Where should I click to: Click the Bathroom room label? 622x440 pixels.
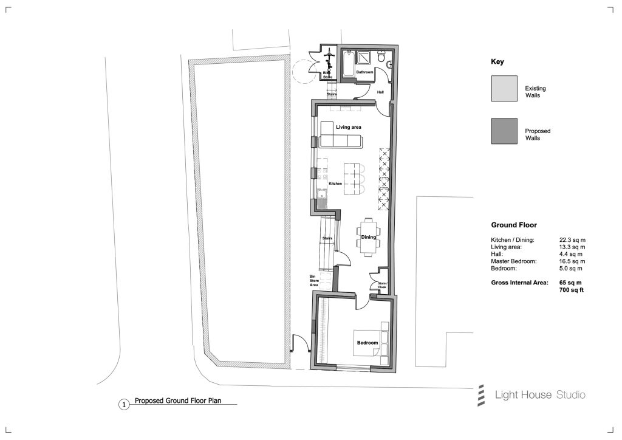[364, 72]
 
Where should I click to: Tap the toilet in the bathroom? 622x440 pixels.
[381, 57]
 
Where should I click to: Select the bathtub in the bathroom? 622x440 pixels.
[349, 63]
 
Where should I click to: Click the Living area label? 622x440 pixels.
[348, 127]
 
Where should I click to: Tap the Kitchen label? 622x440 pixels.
[335, 184]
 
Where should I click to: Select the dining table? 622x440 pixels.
[369, 237]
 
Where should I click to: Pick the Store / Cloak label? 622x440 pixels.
[382, 285]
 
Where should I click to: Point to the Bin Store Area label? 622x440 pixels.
[314, 281]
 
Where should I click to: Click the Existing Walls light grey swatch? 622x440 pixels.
[504, 88]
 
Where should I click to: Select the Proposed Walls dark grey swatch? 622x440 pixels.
[504, 131]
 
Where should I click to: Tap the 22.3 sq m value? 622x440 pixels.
[572, 239]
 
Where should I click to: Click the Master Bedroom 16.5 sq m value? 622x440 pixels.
[572, 261]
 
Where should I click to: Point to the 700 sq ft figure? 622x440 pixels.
[571, 290]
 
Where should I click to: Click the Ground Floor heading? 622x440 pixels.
[514, 225]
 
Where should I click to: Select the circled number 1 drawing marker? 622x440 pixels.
[124, 405]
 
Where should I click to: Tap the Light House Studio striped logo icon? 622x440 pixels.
[481, 395]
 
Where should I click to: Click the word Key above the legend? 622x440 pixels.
[497, 61]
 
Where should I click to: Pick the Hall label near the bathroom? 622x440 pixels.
[380, 92]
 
